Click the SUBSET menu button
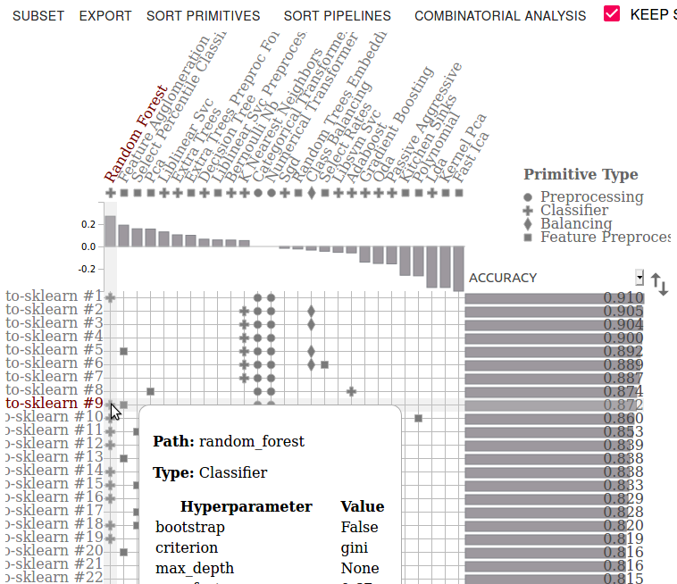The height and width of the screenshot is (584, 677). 38,16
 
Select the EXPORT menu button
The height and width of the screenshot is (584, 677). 105,16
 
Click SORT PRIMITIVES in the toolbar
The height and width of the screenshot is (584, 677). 203,16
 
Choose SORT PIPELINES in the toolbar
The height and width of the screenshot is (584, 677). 337,16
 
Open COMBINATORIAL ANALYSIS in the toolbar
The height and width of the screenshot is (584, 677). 500,16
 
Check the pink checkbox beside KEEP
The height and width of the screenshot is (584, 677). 612,14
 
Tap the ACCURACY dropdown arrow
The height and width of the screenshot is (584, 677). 639,277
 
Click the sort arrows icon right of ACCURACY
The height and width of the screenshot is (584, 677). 659,284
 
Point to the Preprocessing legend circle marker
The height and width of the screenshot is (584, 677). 529,197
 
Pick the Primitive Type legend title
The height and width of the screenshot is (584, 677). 581,175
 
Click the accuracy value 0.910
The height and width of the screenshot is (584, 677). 623,297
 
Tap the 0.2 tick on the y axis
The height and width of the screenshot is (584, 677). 88,224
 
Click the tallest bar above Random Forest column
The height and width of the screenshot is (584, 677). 111,231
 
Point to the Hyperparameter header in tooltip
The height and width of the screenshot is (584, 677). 246,507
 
